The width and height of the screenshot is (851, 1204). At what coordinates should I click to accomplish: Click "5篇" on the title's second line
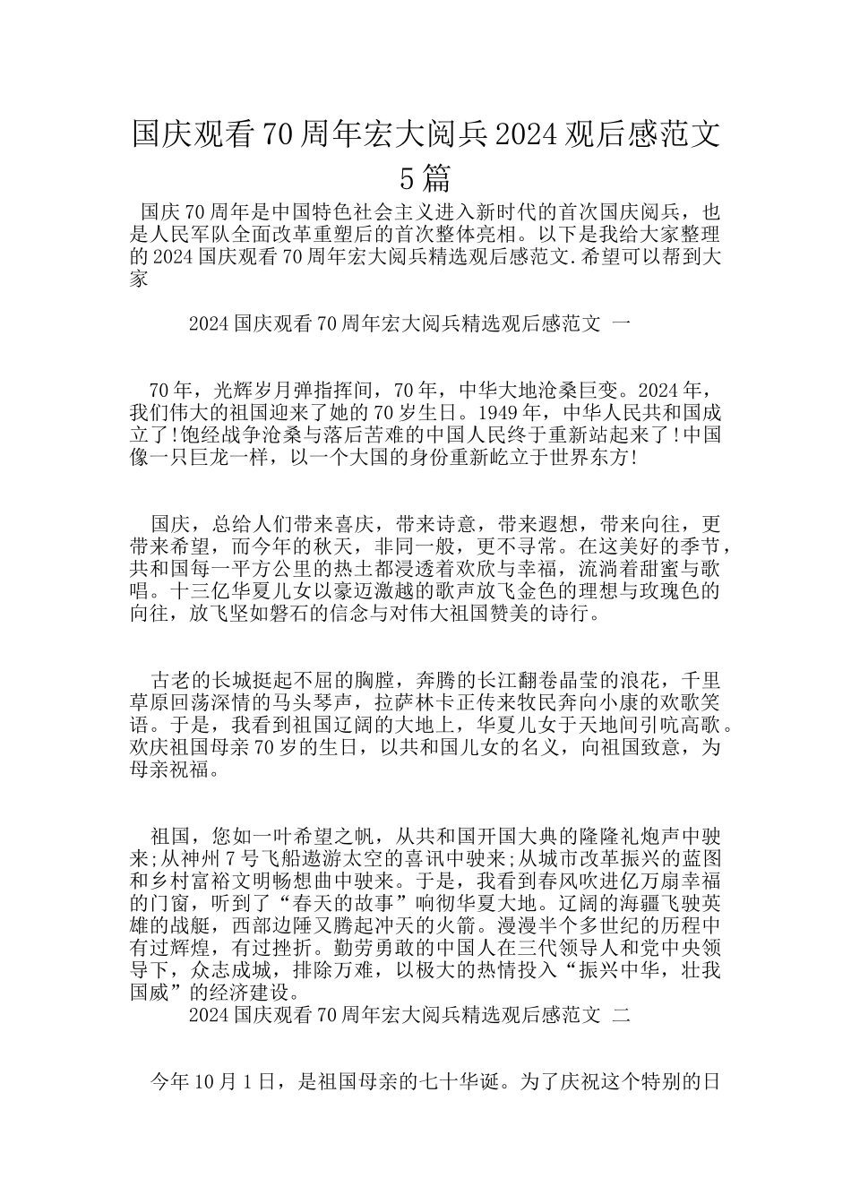(x=425, y=178)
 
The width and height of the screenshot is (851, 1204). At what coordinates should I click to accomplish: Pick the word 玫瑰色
(x=663, y=592)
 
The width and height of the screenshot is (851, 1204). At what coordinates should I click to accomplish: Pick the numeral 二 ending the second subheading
(x=623, y=1015)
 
